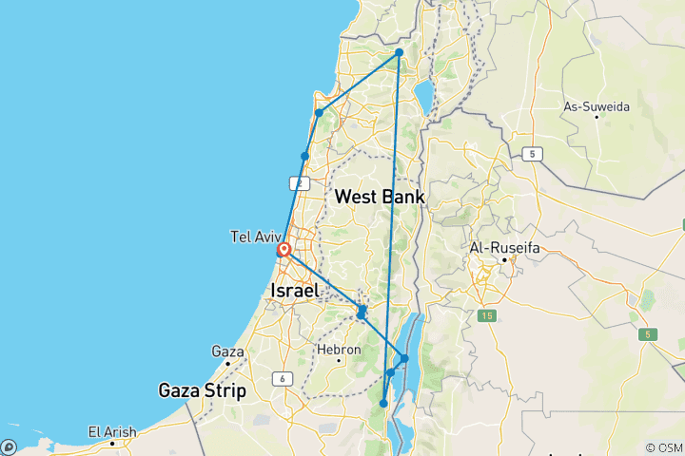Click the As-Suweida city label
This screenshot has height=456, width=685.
coord(597,107)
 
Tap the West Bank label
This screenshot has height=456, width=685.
coord(380,197)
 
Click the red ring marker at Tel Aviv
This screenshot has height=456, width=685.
coord(284,251)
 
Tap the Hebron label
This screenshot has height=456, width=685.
coord(341,350)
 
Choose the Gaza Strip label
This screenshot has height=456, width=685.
coord(202,390)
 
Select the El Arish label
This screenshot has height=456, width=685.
coord(112,431)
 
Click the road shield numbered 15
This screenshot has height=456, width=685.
coord(487,315)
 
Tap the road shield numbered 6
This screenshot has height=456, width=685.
coord(283,379)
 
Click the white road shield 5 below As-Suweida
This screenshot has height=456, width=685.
coord(536,154)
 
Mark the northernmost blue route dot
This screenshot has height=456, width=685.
coord(400,52)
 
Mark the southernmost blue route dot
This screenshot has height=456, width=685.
coord(383,404)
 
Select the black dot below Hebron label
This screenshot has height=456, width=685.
coord(340,362)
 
